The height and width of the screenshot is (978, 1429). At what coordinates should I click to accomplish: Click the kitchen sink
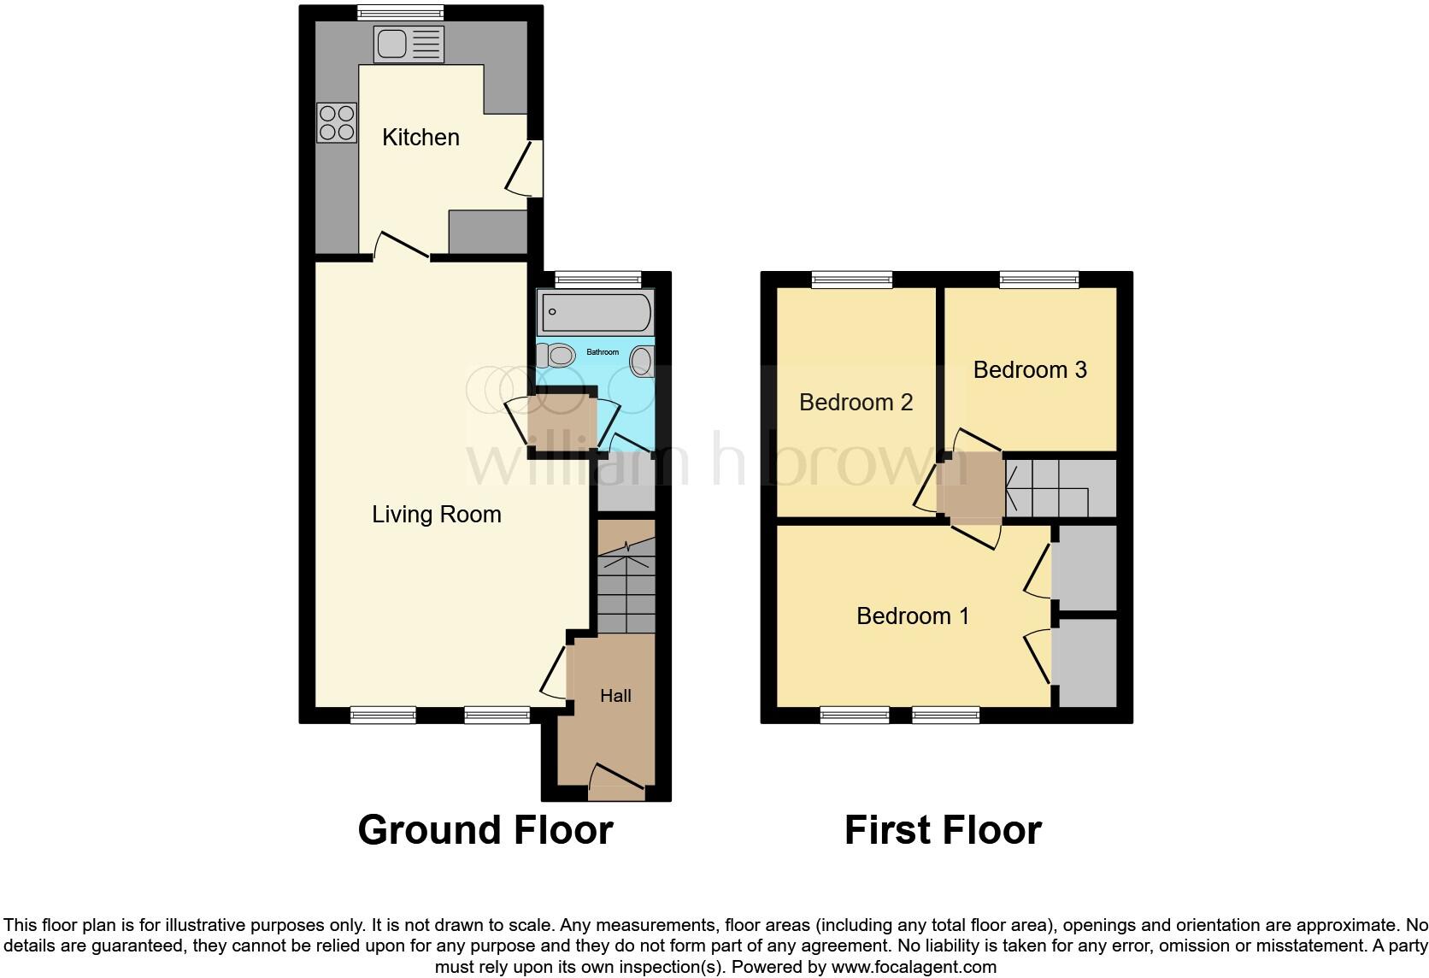point(409,44)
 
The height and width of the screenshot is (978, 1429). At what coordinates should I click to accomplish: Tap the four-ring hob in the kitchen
point(337,122)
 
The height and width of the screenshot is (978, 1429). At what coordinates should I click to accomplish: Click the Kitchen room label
point(420,137)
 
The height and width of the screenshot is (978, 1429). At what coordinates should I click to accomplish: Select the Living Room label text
point(436,514)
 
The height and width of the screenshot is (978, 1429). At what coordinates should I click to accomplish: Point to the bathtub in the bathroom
point(596,311)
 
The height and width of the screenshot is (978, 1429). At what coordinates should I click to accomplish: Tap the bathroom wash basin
point(641,362)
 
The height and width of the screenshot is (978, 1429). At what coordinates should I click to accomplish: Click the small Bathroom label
point(603,352)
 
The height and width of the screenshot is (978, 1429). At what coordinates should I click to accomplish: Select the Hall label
point(615,696)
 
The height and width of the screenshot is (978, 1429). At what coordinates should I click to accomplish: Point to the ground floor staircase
point(626,581)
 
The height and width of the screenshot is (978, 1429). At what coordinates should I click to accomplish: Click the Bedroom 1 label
point(913,616)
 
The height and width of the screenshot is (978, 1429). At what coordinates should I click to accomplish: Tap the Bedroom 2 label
point(856,402)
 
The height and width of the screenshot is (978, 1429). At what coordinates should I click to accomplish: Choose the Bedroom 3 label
point(1030,369)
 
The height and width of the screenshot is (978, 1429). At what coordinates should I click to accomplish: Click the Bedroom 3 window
point(1039,279)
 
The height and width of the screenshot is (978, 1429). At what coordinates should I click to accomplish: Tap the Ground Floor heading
point(485,830)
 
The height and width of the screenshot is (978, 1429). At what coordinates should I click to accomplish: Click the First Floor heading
point(943,830)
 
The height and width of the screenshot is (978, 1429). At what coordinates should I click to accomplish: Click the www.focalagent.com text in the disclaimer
point(914,968)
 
